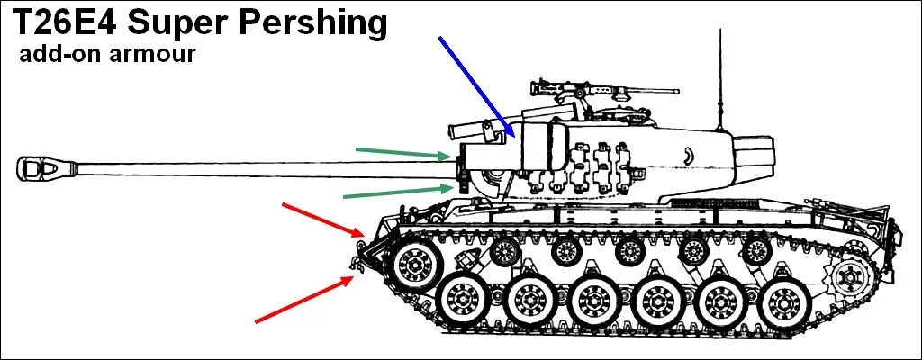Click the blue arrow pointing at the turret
tap(475, 86)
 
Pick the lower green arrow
tap(397, 191)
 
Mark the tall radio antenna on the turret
tap(719, 81)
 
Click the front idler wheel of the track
tap(416, 264)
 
